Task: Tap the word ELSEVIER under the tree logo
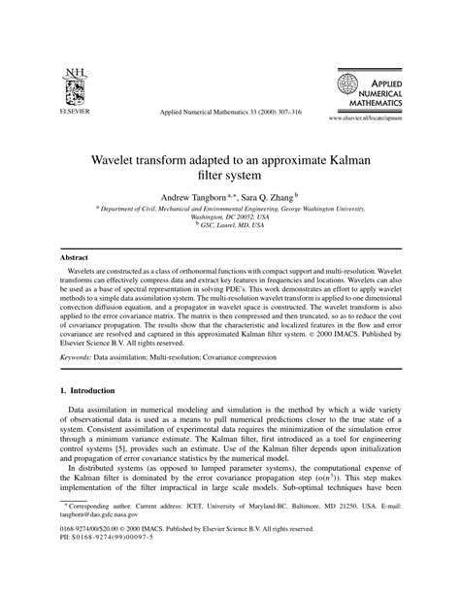click(x=73, y=111)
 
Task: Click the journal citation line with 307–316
click(x=230, y=113)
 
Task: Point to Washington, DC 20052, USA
click(x=230, y=216)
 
